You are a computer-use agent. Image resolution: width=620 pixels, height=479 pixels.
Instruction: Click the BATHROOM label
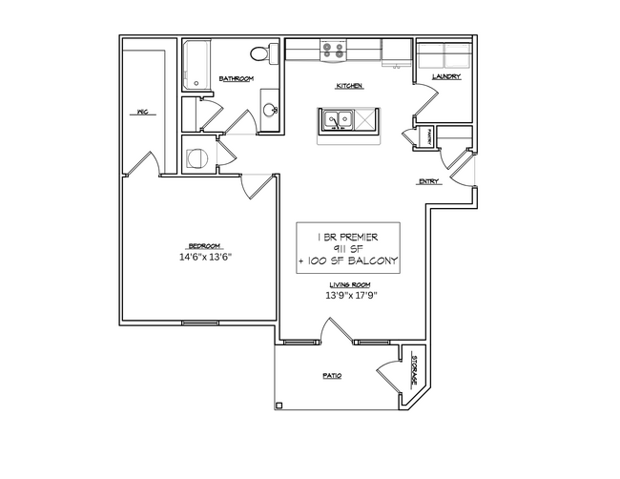tap(236, 78)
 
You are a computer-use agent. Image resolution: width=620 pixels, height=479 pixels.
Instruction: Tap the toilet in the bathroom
tap(260, 52)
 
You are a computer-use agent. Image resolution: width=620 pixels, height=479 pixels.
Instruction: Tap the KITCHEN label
tap(348, 87)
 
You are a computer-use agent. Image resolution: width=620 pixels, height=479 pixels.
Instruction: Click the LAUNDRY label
tap(446, 77)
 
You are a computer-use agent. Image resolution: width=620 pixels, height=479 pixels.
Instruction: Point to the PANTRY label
tap(431, 136)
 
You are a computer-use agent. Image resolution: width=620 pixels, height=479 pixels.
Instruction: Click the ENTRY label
tap(428, 181)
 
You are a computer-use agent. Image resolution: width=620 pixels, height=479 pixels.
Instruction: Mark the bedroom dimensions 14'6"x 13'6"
tap(206, 257)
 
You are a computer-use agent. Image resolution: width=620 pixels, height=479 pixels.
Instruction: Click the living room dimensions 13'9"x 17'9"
tap(350, 295)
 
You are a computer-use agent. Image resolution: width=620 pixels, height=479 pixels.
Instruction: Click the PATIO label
tap(331, 377)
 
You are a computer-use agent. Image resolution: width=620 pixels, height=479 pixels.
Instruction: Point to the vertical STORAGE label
tap(414, 368)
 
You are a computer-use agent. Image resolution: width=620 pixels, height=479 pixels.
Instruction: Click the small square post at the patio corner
tap(279, 406)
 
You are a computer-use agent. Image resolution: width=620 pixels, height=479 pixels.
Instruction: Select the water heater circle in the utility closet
tap(197, 157)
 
